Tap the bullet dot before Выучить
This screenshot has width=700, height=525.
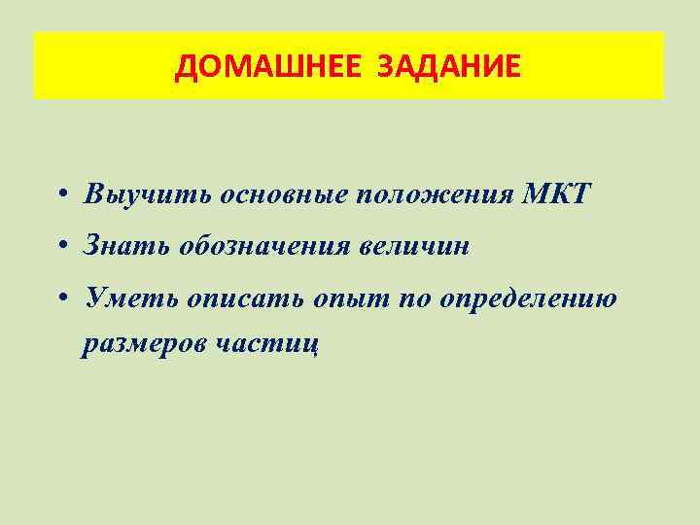point(61,193)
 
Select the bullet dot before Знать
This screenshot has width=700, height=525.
point(61,247)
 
